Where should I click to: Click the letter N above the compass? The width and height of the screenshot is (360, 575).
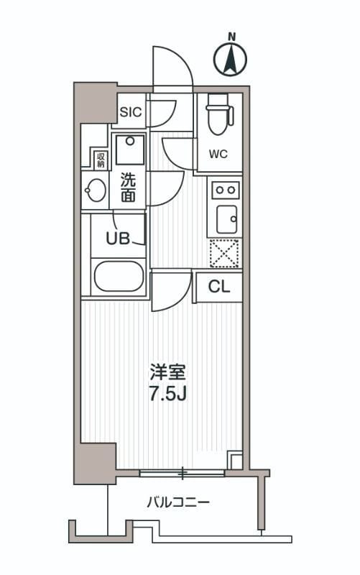231,36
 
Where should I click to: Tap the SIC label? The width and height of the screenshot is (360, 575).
131,111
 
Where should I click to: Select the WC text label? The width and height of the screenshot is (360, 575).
218,154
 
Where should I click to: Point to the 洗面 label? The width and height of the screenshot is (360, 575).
127,187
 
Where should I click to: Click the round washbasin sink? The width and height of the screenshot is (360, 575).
95,190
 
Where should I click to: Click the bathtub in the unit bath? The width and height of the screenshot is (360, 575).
119,276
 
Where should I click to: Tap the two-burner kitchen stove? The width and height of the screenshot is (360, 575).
225,189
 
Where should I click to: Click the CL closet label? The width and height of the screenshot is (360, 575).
218,287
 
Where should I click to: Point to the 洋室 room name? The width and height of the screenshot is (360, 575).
167,372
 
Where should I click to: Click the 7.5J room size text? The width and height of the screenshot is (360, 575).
167,395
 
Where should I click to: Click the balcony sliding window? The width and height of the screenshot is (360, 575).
183,472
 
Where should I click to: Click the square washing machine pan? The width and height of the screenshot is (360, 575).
130,149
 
